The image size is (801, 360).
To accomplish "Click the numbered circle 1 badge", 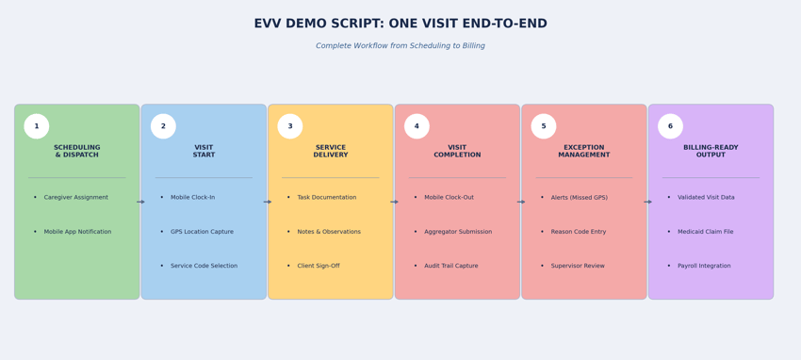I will coord(37,126).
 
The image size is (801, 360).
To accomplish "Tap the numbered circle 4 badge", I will coord(417,126).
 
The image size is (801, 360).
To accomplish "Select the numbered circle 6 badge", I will coord(670,126).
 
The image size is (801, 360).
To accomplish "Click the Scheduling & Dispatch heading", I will coord(77,151).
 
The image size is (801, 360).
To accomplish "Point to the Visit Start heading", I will coord(204,151).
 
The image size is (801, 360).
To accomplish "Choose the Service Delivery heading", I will coord(331,151).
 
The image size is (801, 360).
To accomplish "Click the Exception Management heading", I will coord(584,151).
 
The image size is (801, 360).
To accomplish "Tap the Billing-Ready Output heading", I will coord(711,151).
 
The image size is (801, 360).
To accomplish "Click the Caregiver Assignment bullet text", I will coord(75,198).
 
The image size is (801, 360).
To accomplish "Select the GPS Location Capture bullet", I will coord(202,232).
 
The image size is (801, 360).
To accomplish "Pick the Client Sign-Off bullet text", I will coord(319,266).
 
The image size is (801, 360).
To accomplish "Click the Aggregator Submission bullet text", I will coord(458,232).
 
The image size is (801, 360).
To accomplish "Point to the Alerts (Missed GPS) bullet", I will coord(580,198).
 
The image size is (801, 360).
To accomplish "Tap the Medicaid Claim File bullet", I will coord(705,232).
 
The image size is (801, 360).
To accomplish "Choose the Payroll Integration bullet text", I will coord(704,266).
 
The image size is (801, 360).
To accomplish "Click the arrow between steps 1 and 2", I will coord(140,202).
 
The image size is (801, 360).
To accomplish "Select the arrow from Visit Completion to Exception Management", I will coord(521,202).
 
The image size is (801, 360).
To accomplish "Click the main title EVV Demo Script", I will coord(400,24).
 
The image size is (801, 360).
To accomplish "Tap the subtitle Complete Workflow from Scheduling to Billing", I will coord(400,46).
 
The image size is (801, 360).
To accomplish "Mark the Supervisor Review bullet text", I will coord(578,266).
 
